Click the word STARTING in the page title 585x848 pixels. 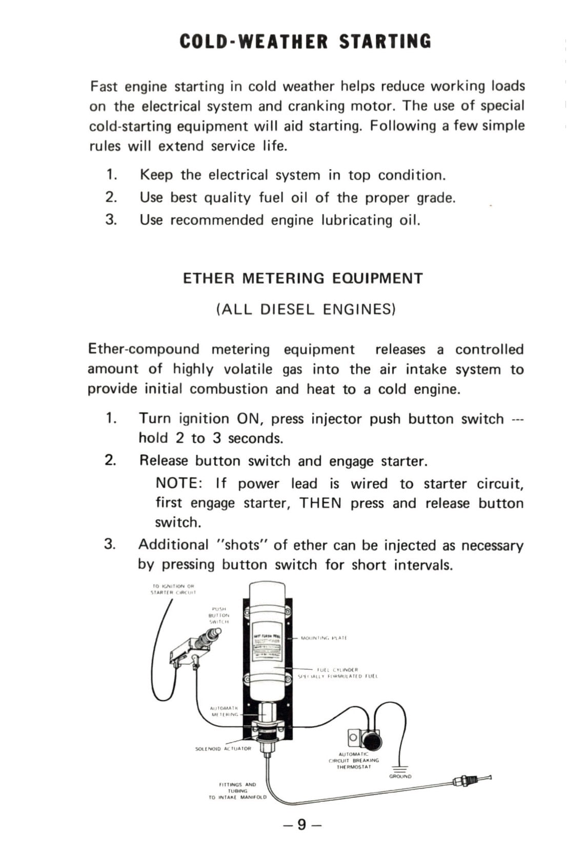click(x=385, y=41)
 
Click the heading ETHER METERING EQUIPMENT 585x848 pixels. click(x=303, y=279)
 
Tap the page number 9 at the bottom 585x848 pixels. click(x=302, y=824)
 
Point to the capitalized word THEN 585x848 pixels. click(x=320, y=503)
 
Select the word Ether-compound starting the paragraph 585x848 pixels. click(x=144, y=349)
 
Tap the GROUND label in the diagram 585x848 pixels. click(x=400, y=777)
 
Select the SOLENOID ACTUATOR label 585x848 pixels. click(x=224, y=748)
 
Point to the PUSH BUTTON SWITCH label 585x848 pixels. click(x=219, y=615)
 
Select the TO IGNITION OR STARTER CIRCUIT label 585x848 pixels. click(x=173, y=589)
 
